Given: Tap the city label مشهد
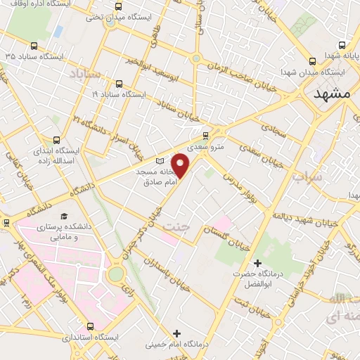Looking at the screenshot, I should (x=332, y=95).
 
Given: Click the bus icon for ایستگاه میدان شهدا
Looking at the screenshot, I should (x=314, y=60).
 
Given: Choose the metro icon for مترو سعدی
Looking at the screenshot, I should (x=205, y=136).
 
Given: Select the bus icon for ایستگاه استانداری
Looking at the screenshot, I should (x=89, y=326).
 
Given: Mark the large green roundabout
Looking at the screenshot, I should (x=117, y=273).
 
